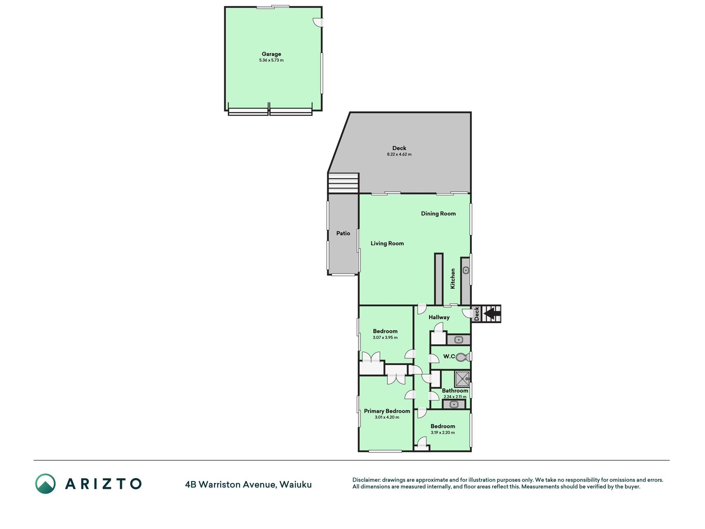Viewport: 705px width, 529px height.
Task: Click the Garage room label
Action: pos(271,54)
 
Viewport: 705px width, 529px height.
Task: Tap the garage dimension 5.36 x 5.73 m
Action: pos(271,60)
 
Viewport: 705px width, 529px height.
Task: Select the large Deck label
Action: pos(399,148)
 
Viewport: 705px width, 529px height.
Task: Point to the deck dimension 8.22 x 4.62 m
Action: pos(399,155)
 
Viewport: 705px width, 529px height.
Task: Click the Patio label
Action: pos(343,233)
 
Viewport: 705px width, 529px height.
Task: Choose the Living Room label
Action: pos(387,243)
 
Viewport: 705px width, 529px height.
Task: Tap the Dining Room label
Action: pos(438,214)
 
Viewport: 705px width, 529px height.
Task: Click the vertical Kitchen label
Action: pos(453,279)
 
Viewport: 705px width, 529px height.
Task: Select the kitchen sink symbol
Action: pos(466,270)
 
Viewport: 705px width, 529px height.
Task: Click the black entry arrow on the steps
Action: pos(490,314)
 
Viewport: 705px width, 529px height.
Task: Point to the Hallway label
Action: pos(439,317)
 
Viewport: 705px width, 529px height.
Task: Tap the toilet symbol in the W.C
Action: pos(462,357)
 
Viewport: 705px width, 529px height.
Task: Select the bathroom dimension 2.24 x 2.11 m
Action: pos(455,397)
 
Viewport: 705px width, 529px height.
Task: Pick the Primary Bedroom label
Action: pos(387,411)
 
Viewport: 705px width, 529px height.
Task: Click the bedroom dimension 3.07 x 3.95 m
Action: pos(385,338)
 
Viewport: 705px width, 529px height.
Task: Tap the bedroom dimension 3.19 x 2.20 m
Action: pos(443,433)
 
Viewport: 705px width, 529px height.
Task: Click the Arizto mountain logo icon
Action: pos(45,484)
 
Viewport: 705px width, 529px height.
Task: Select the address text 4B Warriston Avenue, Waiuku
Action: pos(249,485)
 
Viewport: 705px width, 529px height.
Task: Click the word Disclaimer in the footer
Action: pos(366,480)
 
